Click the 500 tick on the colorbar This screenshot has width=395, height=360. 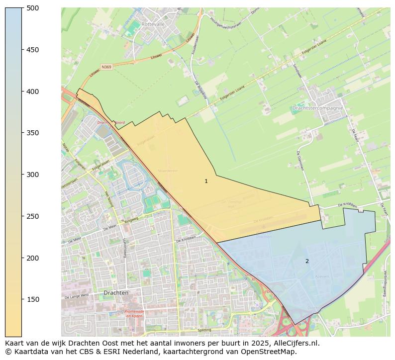pyautogui.click(x=32, y=8)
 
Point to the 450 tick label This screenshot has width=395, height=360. pyautogui.click(x=32, y=50)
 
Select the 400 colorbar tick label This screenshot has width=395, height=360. pyautogui.click(x=32, y=91)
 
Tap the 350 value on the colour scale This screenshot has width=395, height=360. pyautogui.click(x=32, y=133)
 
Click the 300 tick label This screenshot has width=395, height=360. pyautogui.click(x=32, y=175)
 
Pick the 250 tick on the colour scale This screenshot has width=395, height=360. pyautogui.click(x=32, y=216)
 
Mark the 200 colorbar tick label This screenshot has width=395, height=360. pyautogui.click(x=32, y=258)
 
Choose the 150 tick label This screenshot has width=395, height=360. pyautogui.click(x=32, y=299)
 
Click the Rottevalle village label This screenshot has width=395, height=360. pyautogui.click(x=153, y=23)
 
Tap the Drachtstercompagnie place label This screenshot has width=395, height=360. pyautogui.click(x=318, y=108)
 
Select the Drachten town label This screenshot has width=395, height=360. pyautogui.click(x=116, y=293)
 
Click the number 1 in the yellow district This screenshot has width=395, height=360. pyautogui.click(x=206, y=181)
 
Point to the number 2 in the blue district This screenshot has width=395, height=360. pyautogui.click(x=307, y=261)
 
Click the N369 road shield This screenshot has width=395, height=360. pyautogui.click(x=106, y=67)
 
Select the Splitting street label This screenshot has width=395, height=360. pyautogui.click(x=204, y=330)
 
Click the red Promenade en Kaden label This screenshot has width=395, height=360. pyautogui.click(x=134, y=314)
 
